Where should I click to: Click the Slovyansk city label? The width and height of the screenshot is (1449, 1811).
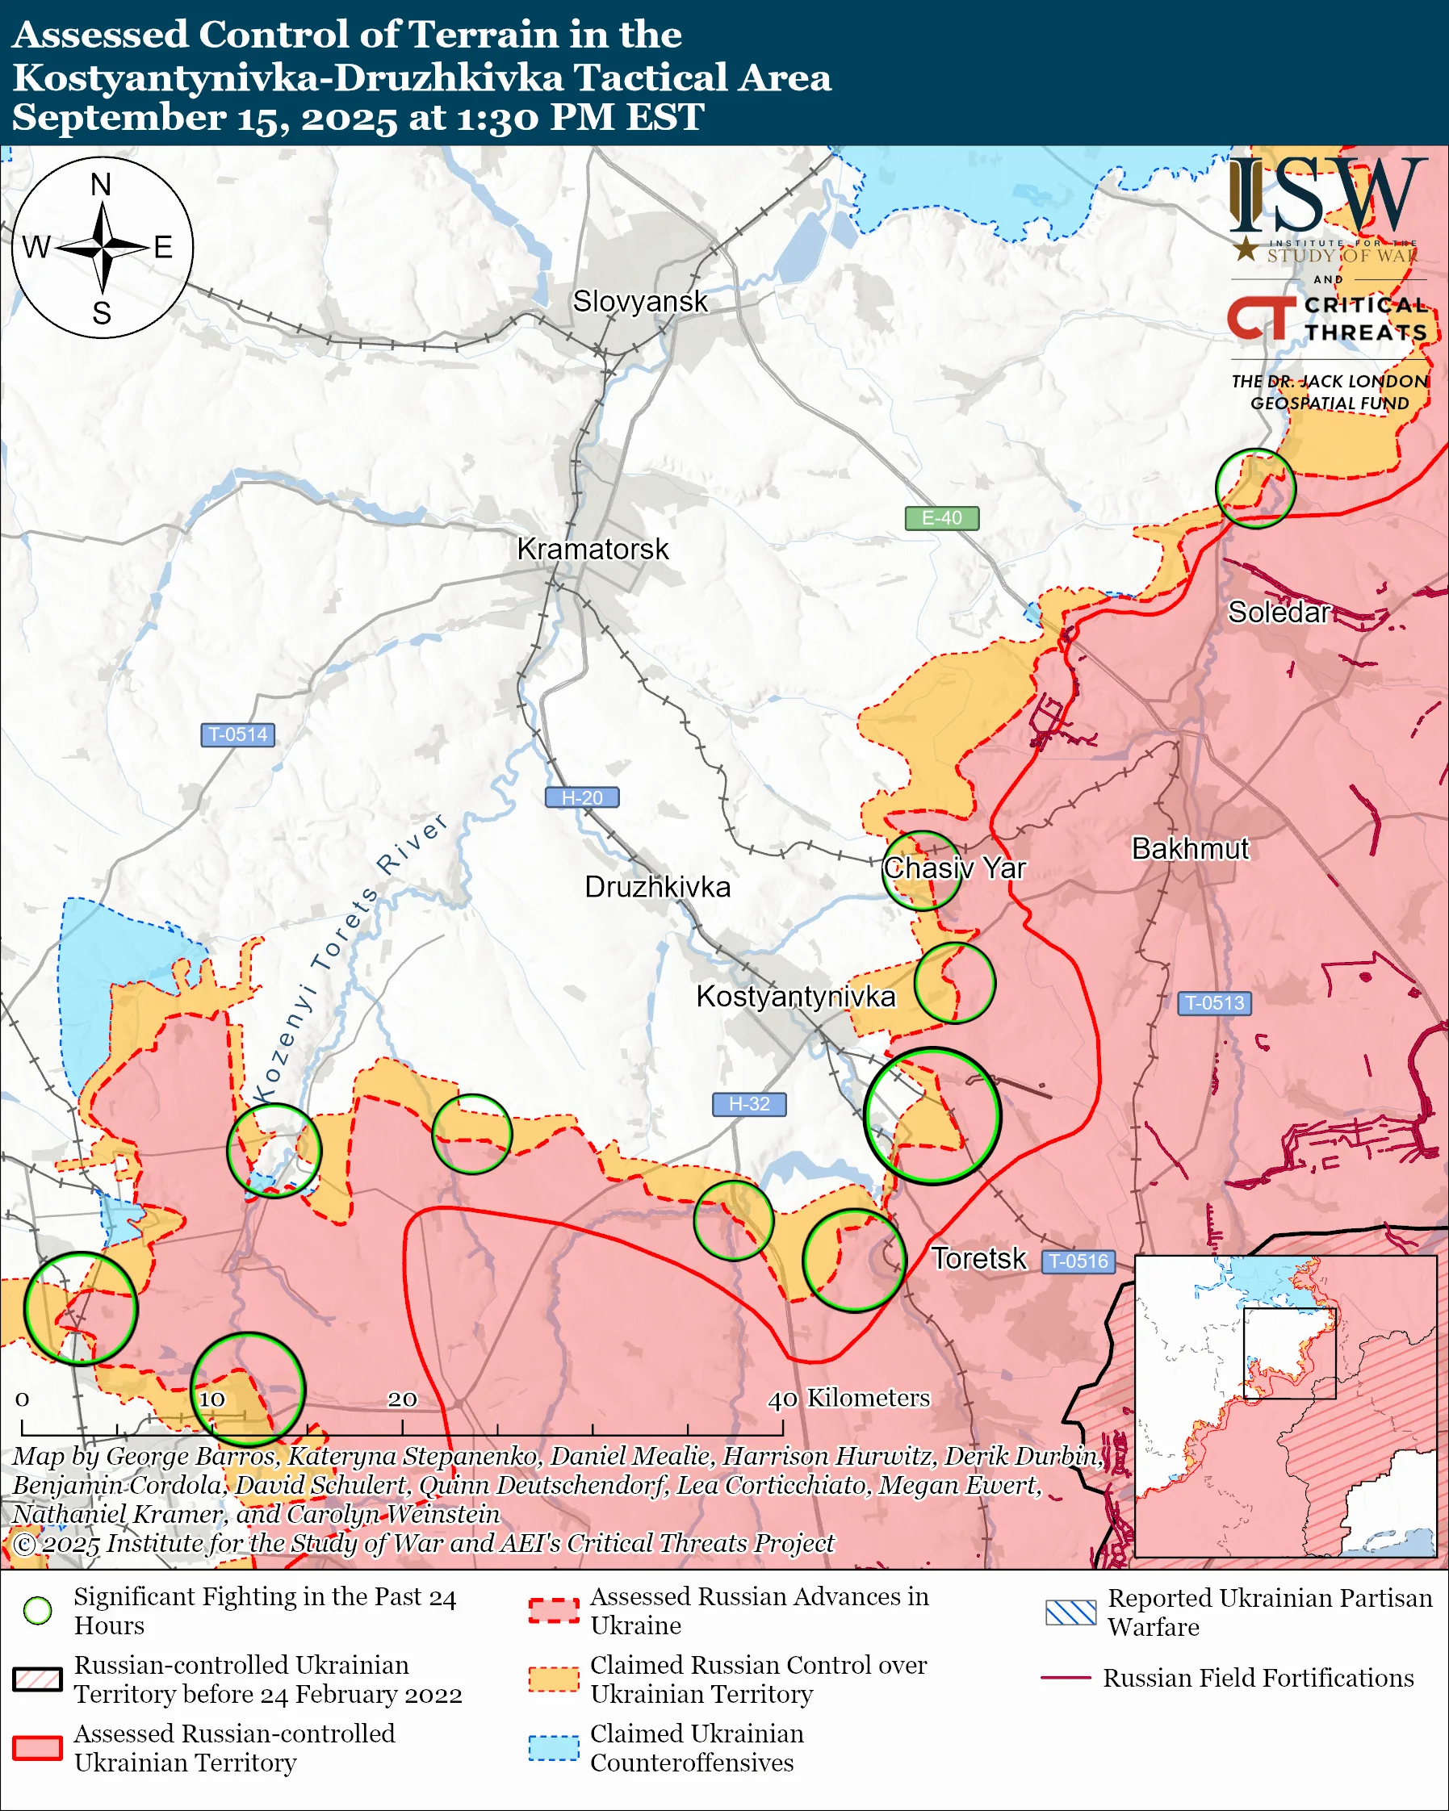pos(640,301)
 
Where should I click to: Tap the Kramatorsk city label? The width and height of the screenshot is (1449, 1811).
pos(593,549)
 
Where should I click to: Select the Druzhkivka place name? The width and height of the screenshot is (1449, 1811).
pos(657,887)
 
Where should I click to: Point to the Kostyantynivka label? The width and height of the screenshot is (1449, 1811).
pos(795,996)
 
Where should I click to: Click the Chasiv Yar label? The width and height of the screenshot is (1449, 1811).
pos(954,868)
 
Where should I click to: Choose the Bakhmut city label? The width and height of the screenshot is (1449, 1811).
pos(1191,848)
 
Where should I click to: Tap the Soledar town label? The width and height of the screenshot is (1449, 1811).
pos(1279,613)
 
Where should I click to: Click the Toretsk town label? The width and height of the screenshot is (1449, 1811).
pos(978,1258)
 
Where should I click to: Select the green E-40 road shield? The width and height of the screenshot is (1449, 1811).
pos(941,518)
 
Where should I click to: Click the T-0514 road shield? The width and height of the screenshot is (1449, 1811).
pos(237,734)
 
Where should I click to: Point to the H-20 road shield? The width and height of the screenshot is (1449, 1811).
pos(582,797)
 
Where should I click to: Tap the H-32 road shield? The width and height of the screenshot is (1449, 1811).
pos(749,1104)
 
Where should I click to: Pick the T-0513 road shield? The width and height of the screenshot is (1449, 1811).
pos(1214,1003)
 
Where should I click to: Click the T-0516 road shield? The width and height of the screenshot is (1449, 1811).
pos(1079,1261)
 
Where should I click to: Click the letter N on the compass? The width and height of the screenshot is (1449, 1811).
pos(101,184)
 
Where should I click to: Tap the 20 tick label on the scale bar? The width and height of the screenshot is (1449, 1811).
pos(402,1399)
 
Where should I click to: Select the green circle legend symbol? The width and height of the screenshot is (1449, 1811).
pos(38,1610)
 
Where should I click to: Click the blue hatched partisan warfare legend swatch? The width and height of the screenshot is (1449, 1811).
pos(1070,1612)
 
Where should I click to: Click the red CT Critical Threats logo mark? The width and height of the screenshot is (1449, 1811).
pos(1260,317)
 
